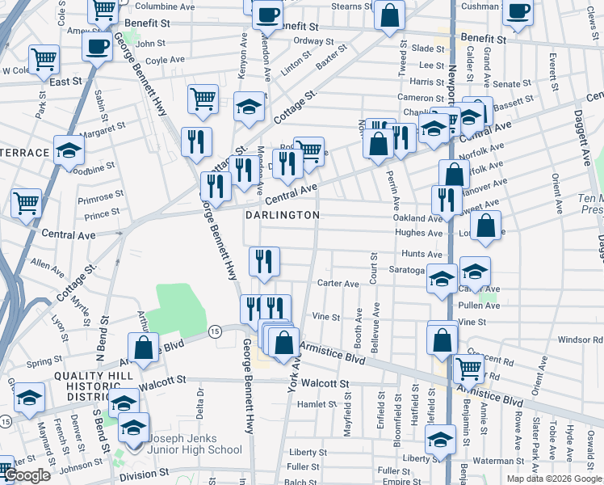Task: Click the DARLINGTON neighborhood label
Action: (283, 215)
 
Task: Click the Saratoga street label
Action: (407, 270)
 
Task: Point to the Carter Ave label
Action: (338, 284)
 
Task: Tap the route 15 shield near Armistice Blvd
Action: (214, 331)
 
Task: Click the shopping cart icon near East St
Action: (44, 58)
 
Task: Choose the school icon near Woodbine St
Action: (69, 150)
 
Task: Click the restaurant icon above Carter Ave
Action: (264, 260)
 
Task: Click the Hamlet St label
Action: (317, 404)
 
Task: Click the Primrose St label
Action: (102, 195)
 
